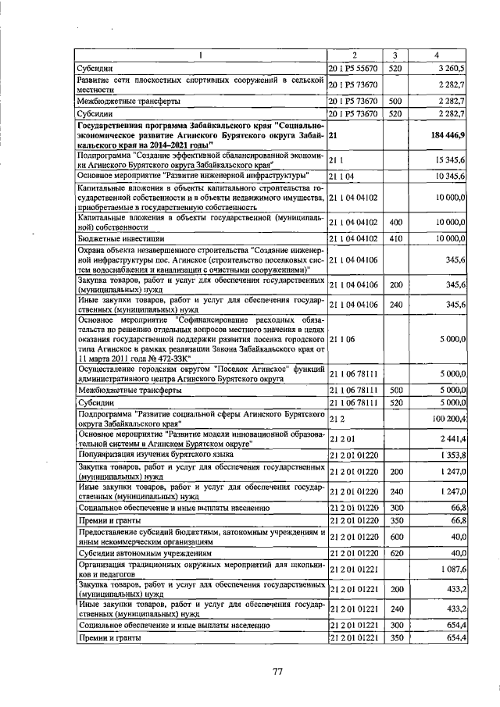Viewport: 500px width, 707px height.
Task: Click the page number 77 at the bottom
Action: click(277, 670)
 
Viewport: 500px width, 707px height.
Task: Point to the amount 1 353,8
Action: click(452, 455)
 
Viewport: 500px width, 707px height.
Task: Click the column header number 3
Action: click(395, 55)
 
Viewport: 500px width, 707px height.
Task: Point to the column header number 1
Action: click(200, 55)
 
